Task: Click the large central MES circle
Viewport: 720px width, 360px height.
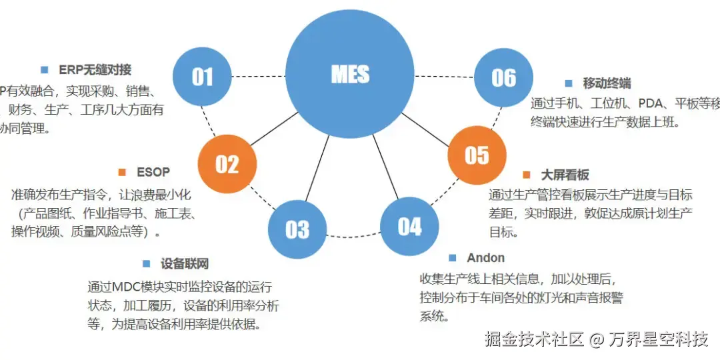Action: [x=350, y=75]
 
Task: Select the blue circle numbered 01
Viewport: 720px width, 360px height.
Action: [x=202, y=77]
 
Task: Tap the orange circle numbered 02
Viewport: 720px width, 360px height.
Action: [x=227, y=164]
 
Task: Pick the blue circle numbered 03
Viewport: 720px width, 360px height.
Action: [x=297, y=229]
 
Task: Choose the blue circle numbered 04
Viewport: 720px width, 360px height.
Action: [x=409, y=227]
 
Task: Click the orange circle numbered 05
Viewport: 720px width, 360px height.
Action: [x=477, y=155]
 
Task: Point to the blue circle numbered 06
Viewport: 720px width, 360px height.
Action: [x=503, y=78]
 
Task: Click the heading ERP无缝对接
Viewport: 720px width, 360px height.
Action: [x=95, y=69]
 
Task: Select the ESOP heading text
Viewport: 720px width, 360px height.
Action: [x=153, y=172]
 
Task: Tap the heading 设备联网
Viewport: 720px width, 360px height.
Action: [x=185, y=264]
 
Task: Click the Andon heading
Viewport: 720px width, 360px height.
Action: [x=485, y=258]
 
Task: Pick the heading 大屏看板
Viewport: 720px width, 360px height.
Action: [x=565, y=175]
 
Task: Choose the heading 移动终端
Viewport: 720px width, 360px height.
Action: [x=607, y=84]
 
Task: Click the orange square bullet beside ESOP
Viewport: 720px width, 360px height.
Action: [x=122, y=172]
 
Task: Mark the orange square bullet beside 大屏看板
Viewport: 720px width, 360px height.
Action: [x=527, y=175]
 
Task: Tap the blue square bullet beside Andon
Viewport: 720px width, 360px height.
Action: [x=453, y=258]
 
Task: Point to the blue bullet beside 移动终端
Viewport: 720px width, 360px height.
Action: [x=569, y=84]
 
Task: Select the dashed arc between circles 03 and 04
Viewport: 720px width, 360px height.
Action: [x=353, y=237]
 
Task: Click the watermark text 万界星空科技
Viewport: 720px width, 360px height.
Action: [x=659, y=339]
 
